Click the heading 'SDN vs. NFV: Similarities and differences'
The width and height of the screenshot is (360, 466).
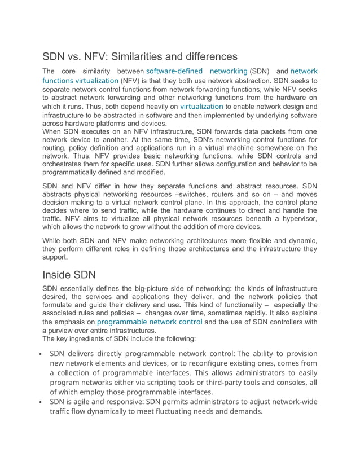click(140, 56)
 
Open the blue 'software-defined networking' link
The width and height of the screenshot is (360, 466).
click(196, 71)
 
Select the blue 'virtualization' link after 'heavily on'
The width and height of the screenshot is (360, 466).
click(201, 105)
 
